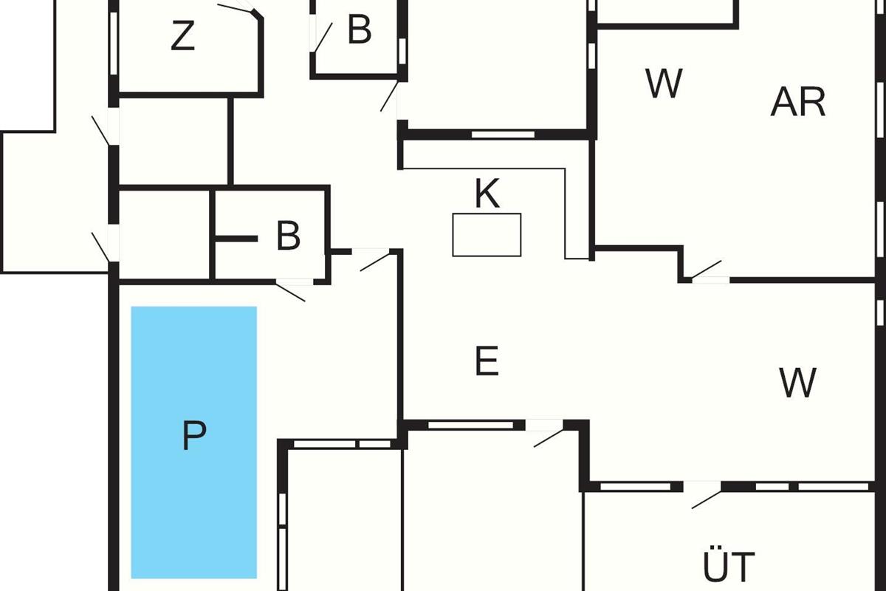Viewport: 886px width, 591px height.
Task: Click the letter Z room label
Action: coord(182,37)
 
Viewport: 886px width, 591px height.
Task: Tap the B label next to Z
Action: coord(359,31)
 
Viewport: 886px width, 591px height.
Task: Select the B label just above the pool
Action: coord(288,236)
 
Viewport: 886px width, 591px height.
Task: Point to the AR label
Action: coord(797,103)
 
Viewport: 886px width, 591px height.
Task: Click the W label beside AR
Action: coord(664,83)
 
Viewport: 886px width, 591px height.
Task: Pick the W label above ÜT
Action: coord(797,383)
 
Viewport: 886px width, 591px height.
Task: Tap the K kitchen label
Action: coord(487,194)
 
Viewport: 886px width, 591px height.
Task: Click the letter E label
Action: coord(487,362)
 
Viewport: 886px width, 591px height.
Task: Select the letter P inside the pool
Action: coord(193,436)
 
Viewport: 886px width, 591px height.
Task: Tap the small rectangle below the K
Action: coord(487,235)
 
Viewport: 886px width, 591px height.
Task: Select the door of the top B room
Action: coord(322,37)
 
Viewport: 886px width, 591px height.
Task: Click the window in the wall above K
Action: coord(503,134)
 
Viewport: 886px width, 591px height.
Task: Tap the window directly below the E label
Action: coord(471,425)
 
